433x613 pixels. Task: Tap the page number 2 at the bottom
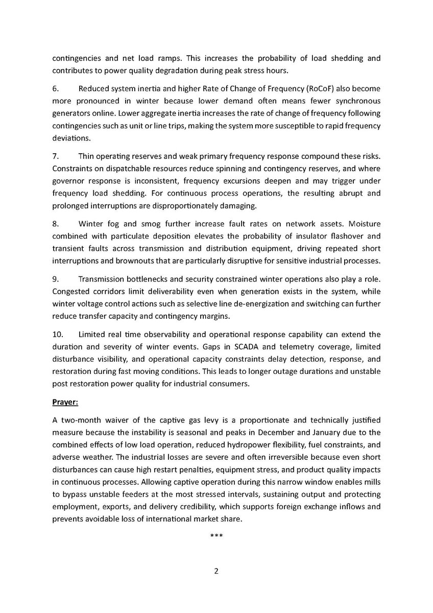click(216, 571)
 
